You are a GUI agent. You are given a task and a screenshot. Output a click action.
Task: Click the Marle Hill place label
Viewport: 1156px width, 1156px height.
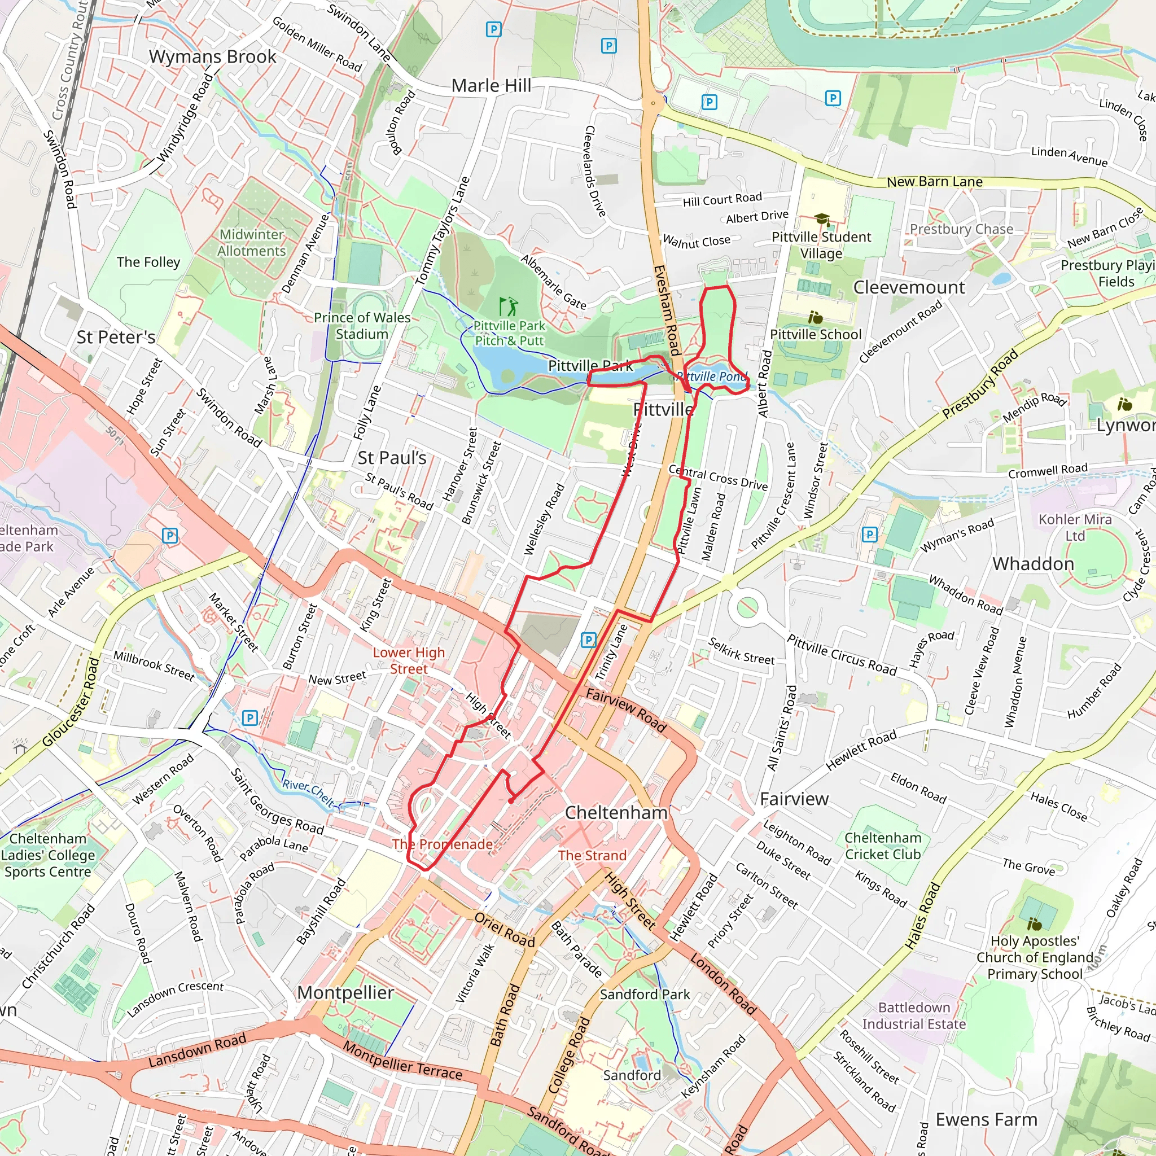coord(491,86)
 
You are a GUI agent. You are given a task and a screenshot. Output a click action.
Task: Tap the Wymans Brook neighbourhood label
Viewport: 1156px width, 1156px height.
coord(212,57)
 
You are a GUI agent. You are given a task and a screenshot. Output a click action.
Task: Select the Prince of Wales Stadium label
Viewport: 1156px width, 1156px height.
coord(362,326)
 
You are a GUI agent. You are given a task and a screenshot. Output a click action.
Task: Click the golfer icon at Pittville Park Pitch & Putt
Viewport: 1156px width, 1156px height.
coord(508,306)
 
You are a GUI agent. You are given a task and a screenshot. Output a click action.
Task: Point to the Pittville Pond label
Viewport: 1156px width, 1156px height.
coord(711,376)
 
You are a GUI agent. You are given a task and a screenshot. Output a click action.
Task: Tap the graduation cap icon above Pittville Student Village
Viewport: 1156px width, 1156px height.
coord(822,220)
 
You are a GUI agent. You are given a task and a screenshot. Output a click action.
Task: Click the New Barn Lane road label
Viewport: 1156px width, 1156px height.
coord(934,182)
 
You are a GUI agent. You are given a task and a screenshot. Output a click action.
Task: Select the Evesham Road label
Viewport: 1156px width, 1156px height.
coord(667,310)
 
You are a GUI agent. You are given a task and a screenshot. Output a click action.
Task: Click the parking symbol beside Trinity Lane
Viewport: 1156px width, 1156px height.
coord(589,640)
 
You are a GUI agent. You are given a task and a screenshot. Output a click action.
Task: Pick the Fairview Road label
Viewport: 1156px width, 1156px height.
coord(625,710)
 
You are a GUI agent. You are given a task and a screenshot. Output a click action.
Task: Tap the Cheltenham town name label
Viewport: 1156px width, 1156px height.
coord(616,813)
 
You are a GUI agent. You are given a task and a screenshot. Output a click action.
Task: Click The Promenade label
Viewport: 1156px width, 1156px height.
coord(442,844)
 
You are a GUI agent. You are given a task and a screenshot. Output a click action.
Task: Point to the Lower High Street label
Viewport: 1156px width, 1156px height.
coord(409,660)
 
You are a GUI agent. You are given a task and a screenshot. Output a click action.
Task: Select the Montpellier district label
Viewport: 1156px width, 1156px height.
coord(345,993)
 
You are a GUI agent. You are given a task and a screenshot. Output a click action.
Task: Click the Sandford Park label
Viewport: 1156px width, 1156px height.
coord(645,995)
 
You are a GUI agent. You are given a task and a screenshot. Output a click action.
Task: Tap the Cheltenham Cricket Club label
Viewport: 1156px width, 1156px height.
coord(883,846)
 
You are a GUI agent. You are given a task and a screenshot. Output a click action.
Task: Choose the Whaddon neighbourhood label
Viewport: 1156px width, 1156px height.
coord(1033,564)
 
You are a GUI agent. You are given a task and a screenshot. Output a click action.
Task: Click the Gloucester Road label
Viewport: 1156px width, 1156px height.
coord(70,702)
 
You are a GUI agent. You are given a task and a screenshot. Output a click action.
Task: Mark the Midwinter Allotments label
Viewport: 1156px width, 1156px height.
coord(251,243)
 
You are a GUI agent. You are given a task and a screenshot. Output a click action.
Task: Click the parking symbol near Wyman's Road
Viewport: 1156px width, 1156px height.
coord(869,535)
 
